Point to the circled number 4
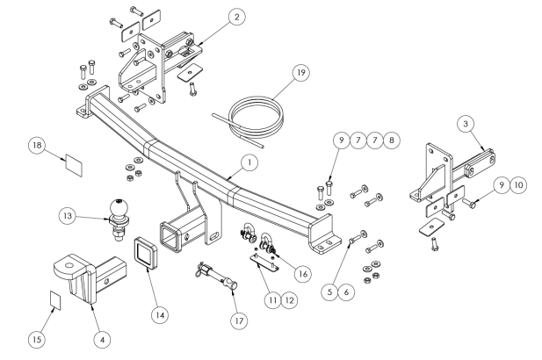tap(103, 334)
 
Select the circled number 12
tap(293, 299)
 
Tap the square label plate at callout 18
tap(73, 162)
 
